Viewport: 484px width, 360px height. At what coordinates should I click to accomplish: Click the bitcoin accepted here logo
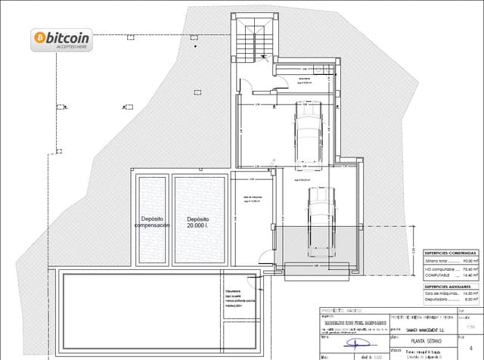pyautogui.click(x=60, y=39)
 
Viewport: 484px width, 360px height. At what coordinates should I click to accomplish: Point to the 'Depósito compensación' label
pyautogui.click(x=152, y=221)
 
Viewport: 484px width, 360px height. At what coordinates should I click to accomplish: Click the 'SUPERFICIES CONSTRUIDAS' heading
pyautogui.click(x=450, y=253)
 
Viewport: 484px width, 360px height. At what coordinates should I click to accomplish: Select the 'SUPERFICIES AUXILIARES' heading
pyautogui.click(x=449, y=288)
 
